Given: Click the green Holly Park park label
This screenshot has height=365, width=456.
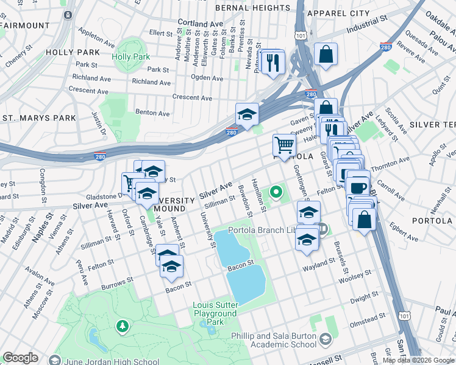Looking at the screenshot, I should (130, 57).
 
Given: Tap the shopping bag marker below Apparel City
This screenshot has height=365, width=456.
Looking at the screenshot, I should (326, 54).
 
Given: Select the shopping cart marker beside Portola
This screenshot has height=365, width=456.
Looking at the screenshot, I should (284, 145).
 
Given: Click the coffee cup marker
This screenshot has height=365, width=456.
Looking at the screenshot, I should (358, 187).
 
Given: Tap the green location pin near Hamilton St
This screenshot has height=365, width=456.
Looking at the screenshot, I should (276, 193).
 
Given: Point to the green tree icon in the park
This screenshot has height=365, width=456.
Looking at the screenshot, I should (123, 327).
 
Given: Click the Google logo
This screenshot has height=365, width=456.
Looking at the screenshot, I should (20, 358).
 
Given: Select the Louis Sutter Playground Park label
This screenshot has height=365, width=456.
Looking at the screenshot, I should (215, 313).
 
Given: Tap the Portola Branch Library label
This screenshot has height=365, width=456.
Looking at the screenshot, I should (273, 230).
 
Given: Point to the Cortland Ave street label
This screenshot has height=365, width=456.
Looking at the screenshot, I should (201, 23).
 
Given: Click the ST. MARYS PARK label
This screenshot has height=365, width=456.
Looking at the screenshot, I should (39, 118).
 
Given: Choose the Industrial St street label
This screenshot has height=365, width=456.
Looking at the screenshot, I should (367, 28).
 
